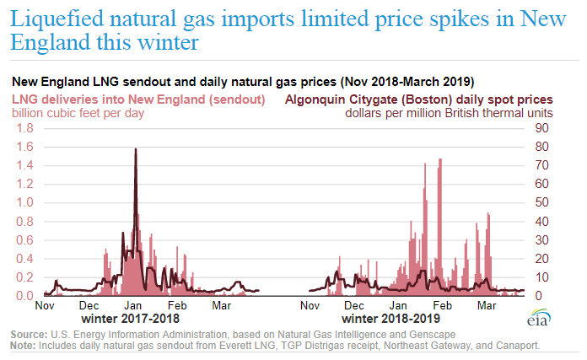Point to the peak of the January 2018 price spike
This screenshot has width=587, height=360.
136,149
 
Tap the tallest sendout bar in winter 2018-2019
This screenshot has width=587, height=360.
440,159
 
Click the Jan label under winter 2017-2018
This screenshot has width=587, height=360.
133,305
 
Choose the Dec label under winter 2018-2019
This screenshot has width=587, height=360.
355,305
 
